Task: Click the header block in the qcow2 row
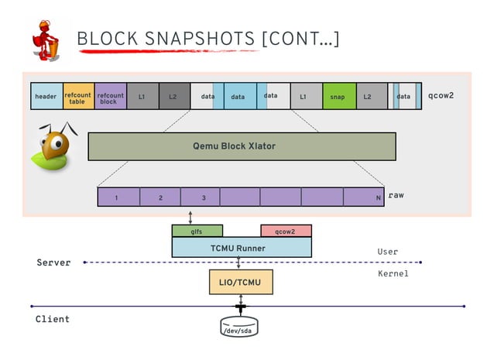click(x=46, y=97)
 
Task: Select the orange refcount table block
click(x=78, y=97)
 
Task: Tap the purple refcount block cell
click(x=110, y=97)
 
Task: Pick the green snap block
click(x=338, y=97)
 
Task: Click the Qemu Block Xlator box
click(x=242, y=146)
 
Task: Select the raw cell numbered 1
click(x=118, y=197)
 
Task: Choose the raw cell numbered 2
click(x=160, y=197)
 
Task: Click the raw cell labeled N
click(x=365, y=197)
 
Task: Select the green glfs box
click(x=197, y=231)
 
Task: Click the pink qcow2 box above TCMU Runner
click(x=286, y=231)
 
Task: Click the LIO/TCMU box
click(x=241, y=283)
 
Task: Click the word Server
click(x=53, y=262)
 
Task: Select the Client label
click(x=53, y=319)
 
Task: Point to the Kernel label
click(x=393, y=274)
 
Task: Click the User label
click(x=387, y=252)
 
